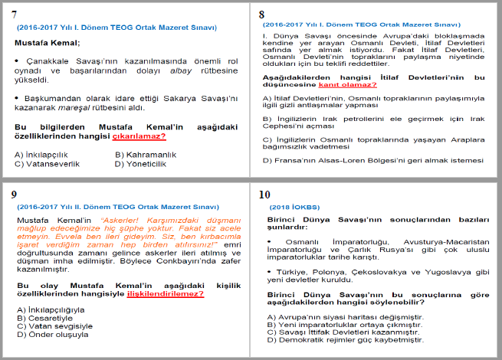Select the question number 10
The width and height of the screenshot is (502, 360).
pyautogui.click(x=265, y=194)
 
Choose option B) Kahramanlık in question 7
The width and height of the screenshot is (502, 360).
pyautogui.click(x=146, y=154)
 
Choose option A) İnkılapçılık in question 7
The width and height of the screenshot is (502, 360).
pyautogui.click(x=43, y=154)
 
